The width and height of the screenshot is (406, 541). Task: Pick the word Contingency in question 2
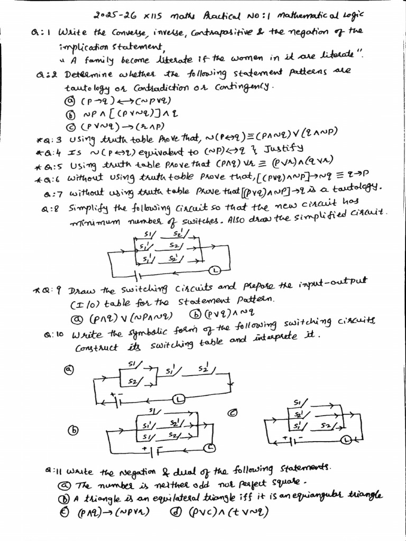[x=246, y=87]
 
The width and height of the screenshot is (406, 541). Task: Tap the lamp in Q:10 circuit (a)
[x=179, y=399]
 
